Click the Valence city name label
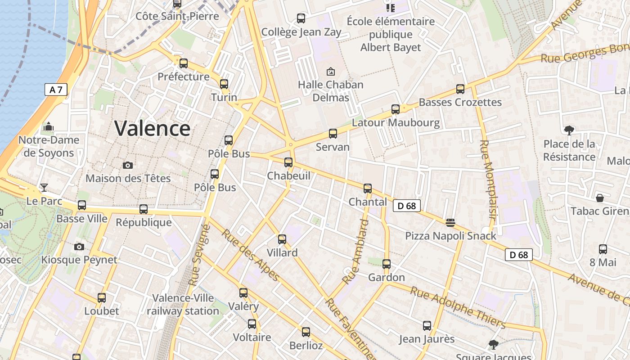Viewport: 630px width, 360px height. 152,128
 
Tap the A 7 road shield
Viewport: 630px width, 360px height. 56,90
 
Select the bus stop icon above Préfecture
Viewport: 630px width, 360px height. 183,63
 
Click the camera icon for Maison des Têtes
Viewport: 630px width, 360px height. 128,165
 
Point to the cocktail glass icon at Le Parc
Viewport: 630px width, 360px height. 44,188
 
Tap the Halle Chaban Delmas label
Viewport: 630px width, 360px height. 330,91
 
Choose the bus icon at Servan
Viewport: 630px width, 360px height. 333,134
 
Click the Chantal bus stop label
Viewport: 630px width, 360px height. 368,202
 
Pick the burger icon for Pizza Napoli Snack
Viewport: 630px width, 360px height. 450,223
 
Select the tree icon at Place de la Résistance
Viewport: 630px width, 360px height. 569,130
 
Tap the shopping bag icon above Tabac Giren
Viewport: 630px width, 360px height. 599,198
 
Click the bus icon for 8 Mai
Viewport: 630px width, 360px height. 603,249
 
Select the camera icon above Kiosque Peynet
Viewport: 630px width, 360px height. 79,247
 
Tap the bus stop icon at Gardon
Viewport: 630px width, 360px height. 386,264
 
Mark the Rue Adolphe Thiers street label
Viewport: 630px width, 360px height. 458,307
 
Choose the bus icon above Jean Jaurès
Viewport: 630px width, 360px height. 427,325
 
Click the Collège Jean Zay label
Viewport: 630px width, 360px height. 301,32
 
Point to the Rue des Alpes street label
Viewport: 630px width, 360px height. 250,255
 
